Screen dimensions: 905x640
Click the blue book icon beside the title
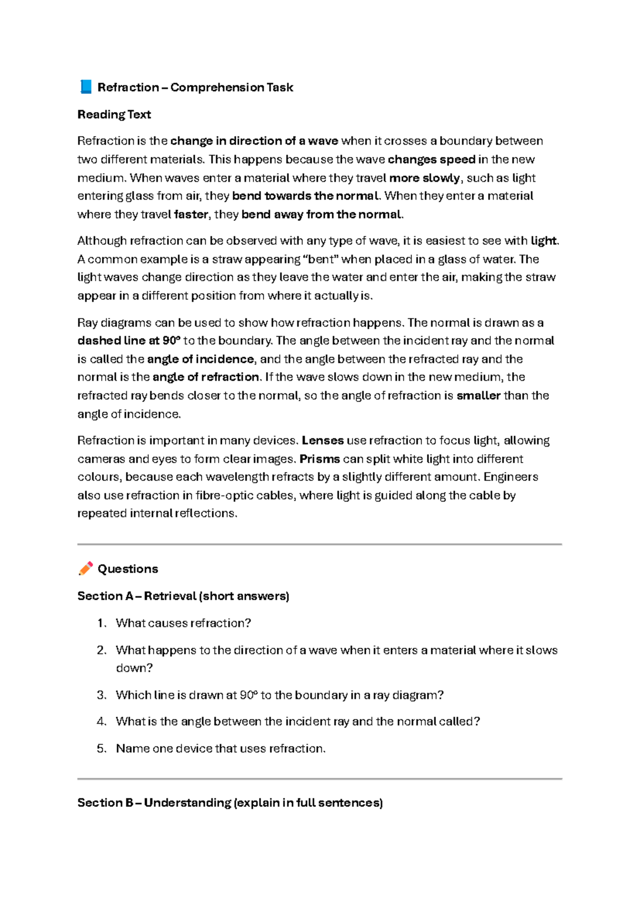pos(85,87)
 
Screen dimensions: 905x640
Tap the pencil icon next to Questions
pos(85,568)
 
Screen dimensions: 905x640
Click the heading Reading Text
pos(114,114)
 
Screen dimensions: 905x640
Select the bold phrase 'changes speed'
pos(431,159)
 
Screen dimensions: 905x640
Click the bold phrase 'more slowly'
pos(425,178)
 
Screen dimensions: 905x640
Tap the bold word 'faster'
pos(191,215)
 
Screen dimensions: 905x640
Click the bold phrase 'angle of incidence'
pos(201,359)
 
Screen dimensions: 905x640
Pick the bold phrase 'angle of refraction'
pos(206,377)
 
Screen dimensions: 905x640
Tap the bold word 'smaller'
pos(478,395)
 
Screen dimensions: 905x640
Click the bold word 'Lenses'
pos(323,440)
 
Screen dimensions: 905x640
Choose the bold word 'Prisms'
pos(320,459)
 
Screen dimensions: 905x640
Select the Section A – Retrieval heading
pos(183,596)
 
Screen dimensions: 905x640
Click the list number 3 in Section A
pos(101,695)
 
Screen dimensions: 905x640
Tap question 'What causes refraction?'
pos(183,623)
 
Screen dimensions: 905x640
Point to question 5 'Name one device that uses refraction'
pos(221,748)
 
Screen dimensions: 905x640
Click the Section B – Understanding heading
pos(230,803)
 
